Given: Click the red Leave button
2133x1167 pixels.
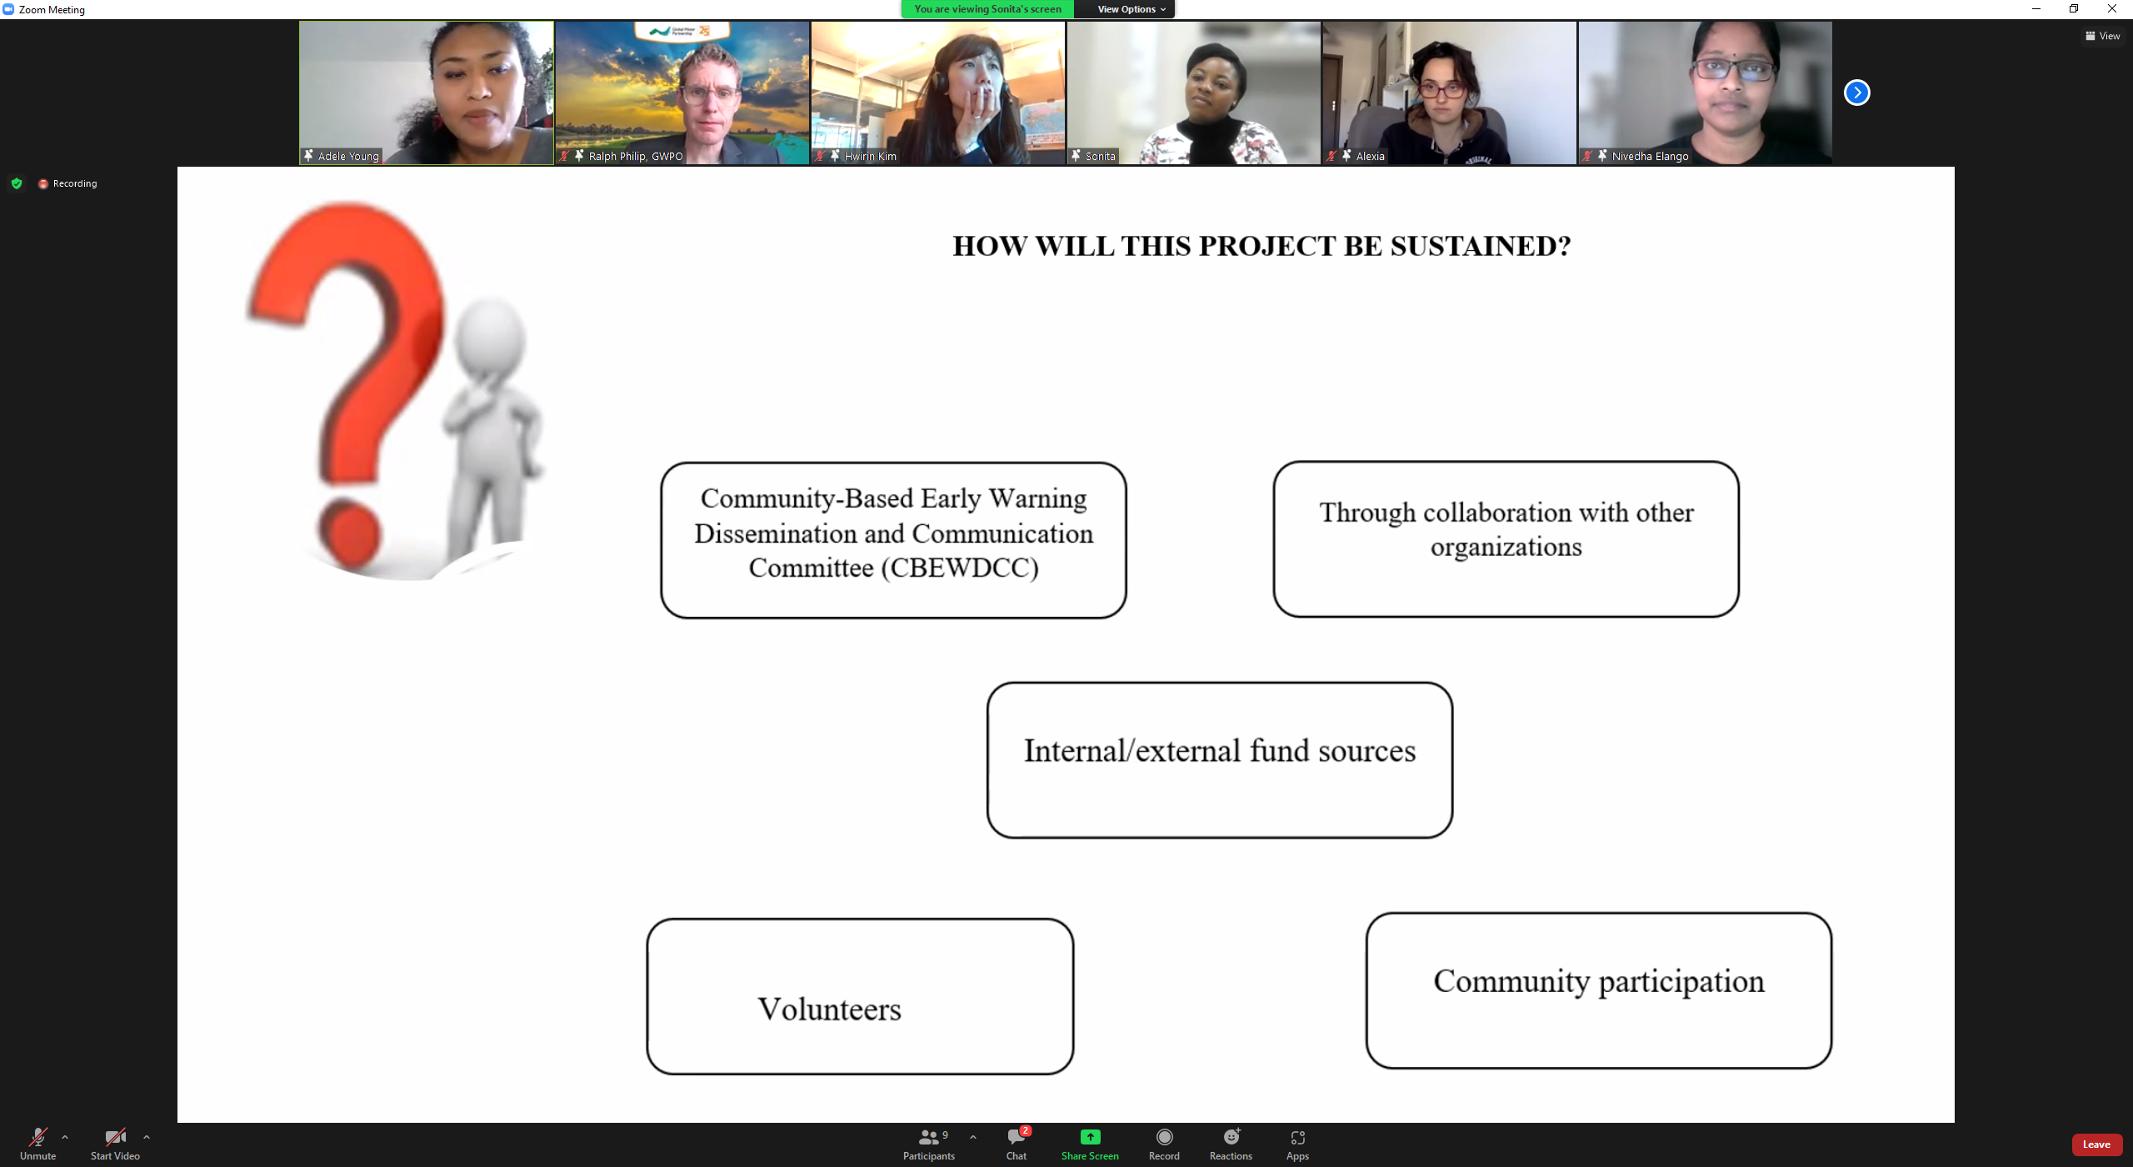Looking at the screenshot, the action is tap(2096, 1144).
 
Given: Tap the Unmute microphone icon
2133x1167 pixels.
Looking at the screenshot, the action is tap(37, 1137).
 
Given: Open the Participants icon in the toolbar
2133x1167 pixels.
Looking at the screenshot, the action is tap(928, 1137).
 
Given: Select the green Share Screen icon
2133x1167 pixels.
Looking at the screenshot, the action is tap(1090, 1137).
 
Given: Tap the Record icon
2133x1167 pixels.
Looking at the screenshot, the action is tap(1164, 1137).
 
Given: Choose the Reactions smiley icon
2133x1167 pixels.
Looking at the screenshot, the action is tap(1231, 1137).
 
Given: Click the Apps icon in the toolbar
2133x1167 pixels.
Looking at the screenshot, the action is tap(1297, 1138).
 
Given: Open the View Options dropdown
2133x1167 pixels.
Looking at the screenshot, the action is tap(1131, 9).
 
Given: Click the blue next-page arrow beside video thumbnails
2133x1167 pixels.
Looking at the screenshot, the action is tap(1856, 93).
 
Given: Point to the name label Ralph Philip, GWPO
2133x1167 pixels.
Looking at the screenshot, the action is tap(636, 156).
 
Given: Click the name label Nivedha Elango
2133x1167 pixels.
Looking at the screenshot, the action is tap(1650, 156).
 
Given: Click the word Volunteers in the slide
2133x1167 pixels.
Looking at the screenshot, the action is tap(829, 1009).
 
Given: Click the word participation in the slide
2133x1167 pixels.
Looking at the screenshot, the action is tap(1681, 982).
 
